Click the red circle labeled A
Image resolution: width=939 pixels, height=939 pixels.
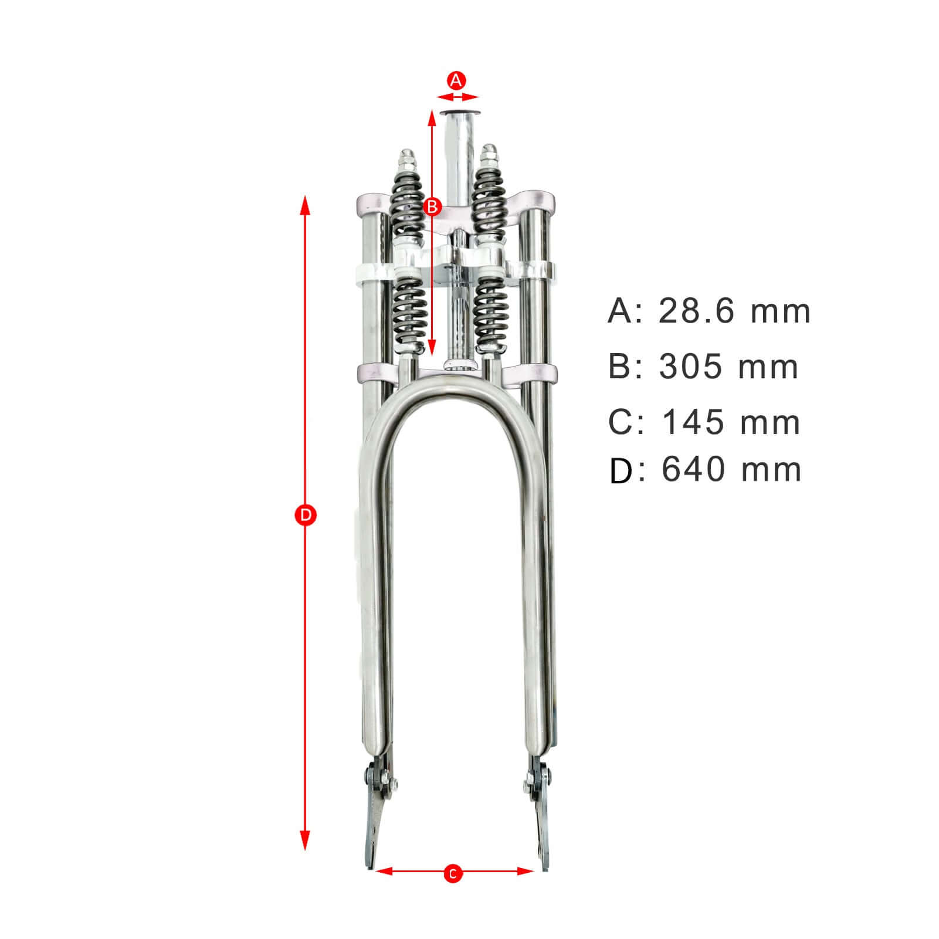pyautogui.click(x=456, y=80)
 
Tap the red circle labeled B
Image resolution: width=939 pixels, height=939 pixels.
pyautogui.click(x=432, y=206)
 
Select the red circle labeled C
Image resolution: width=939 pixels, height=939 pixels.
pyautogui.click(x=452, y=890)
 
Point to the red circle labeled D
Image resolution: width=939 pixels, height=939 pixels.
pyautogui.click(x=304, y=516)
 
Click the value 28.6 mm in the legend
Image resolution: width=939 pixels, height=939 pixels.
pyautogui.click(x=734, y=311)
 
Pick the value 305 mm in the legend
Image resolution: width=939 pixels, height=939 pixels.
pyautogui.click(x=728, y=367)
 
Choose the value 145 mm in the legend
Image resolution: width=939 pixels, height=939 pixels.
pyautogui.click(x=731, y=422)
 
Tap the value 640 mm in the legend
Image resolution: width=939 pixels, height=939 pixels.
pyautogui.click(x=731, y=469)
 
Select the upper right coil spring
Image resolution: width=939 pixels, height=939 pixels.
pyautogui.click(x=489, y=199)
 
